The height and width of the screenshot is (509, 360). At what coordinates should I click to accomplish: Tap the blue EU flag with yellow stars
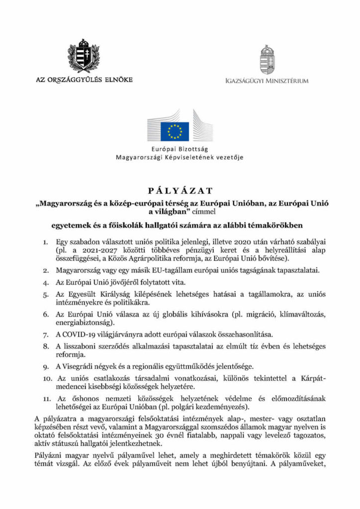pyautogui.click(x=174, y=131)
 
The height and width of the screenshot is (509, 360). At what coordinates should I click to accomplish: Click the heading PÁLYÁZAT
pyautogui.click(x=180, y=190)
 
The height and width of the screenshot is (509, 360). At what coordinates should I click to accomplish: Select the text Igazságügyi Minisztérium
pyautogui.click(x=267, y=81)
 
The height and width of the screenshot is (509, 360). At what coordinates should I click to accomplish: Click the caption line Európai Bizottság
pyautogui.click(x=180, y=149)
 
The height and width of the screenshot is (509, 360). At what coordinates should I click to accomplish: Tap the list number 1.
pyautogui.click(x=45, y=242)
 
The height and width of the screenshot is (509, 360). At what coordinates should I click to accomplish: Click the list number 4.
pyautogui.click(x=45, y=282)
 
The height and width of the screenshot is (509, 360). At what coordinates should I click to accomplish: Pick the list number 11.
pyautogui.click(x=46, y=398)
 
